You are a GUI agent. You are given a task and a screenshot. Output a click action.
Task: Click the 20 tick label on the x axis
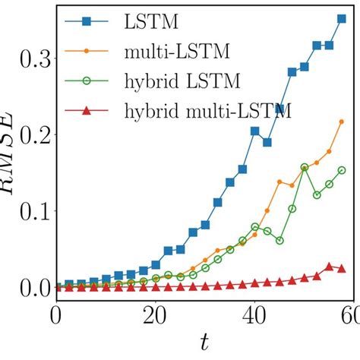click(x=155, y=314)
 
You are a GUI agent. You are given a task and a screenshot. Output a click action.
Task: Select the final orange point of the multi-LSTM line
click(x=342, y=122)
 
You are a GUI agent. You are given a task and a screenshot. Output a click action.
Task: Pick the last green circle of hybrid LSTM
click(x=342, y=170)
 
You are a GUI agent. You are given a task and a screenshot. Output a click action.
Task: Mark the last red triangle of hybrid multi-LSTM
click(x=342, y=269)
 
